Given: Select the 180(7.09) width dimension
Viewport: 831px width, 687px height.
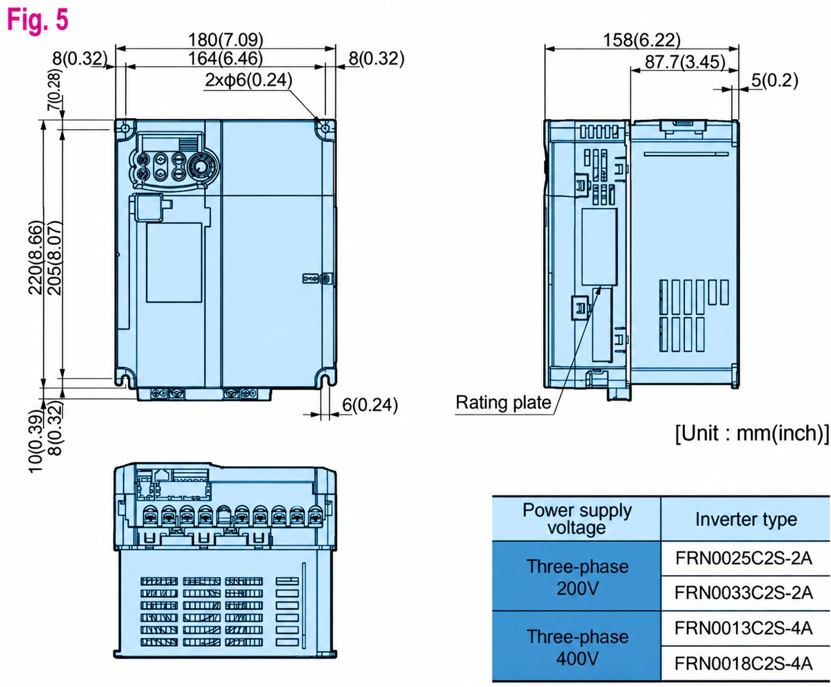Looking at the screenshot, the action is pos(226,40).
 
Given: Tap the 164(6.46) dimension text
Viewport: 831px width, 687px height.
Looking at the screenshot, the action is pos(226,58).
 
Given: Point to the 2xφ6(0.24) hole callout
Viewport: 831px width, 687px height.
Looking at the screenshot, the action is pos(249,80).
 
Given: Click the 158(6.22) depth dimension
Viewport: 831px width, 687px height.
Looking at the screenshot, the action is pos(641,40).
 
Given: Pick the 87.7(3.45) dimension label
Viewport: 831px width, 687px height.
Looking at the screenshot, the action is pos(685,62).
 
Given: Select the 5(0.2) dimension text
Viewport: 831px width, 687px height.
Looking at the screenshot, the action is pos(775,81).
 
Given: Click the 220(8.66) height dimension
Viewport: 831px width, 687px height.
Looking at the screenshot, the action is pos(35,258).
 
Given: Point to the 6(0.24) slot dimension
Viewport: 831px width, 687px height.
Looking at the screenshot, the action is pos(370,405).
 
